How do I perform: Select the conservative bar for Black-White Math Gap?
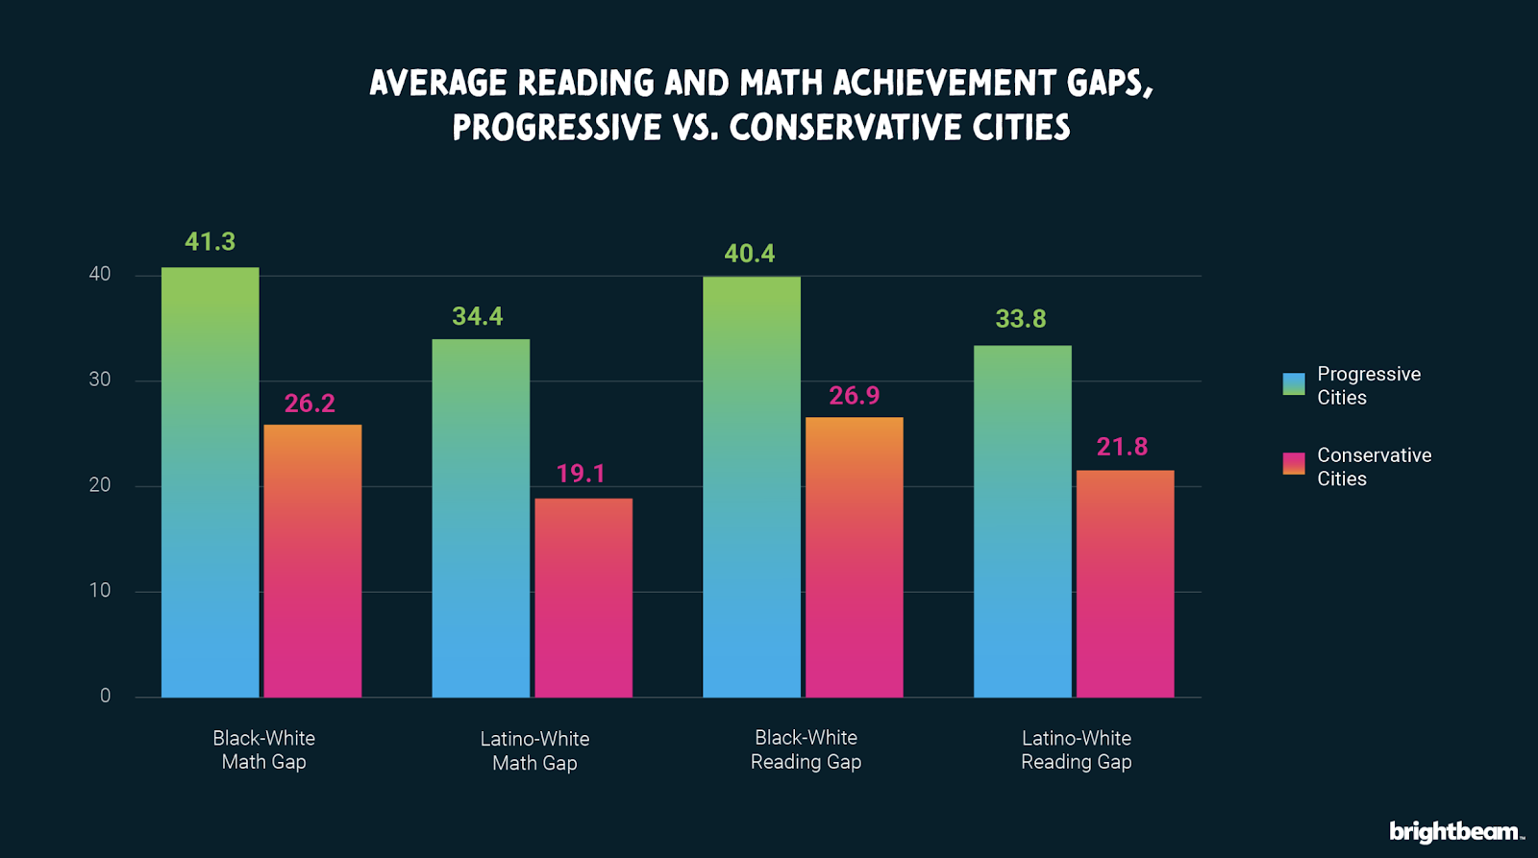pos(312,561)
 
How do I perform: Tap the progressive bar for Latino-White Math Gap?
pos(481,518)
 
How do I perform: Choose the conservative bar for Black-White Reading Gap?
pos(854,557)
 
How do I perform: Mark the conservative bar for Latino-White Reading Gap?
pos(1125,583)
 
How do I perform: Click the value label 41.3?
pos(210,242)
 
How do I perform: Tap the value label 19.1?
pos(581,474)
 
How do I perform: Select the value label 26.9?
pos(854,396)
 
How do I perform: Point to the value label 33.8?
pos(1020,319)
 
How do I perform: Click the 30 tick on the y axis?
pos(100,380)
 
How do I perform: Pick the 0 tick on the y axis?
pos(105,696)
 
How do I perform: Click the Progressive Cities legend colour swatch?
pos(1294,384)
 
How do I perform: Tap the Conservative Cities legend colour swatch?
pos(1294,464)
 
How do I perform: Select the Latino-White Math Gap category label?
pos(534,750)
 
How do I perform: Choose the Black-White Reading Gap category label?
pos(806,749)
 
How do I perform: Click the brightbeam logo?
pos(1455,831)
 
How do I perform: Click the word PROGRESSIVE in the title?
pos(557,128)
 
